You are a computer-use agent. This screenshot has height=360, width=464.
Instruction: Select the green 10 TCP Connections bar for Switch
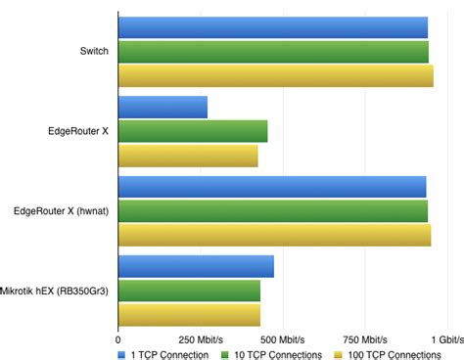pyautogui.click(x=273, y=51)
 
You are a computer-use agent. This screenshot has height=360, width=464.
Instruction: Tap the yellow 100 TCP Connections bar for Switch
pyautogui.click(x=275, y=75)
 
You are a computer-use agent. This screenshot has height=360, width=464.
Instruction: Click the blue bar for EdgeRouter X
pyautogui.click(x=162, y=107)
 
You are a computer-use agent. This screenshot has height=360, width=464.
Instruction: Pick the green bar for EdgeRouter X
pyautogui.click(x=193, y=131)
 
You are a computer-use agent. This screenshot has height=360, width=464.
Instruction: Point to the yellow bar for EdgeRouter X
pyautogui.click(x=188, y=156)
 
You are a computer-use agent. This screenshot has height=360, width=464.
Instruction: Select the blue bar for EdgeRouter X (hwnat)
pyautogui.click(x=271, y=187)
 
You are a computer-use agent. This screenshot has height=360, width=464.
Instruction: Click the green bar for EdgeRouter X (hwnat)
pyautogui.click(x=272, y=210)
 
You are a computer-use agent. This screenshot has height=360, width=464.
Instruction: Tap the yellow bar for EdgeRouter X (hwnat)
pyautogui.click(x=274, y=235)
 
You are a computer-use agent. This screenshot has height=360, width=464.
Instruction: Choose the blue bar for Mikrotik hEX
pyautogui.click(x=196, y=266)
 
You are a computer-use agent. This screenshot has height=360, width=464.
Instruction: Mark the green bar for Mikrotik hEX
pyautogui.click(x=189, y=291)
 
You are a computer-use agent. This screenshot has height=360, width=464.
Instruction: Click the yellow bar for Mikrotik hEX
pyautogui.click(x=189, y=314)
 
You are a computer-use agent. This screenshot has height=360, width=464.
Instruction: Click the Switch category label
pyautogui.click(x=94, y=51)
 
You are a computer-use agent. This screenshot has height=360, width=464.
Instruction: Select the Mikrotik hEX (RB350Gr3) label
pyautogui.click(x=55, y=291)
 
